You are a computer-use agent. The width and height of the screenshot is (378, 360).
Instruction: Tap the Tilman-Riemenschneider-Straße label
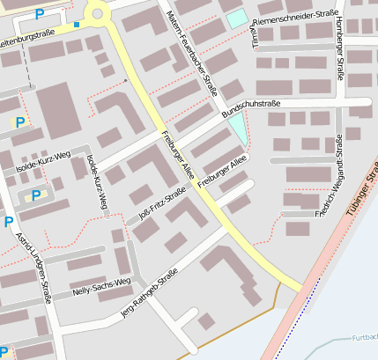295,20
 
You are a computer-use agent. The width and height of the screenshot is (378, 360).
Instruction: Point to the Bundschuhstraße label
251,108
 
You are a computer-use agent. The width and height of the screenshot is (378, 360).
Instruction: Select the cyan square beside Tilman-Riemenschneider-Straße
236,18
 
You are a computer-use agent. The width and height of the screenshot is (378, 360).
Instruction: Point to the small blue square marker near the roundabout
77,25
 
